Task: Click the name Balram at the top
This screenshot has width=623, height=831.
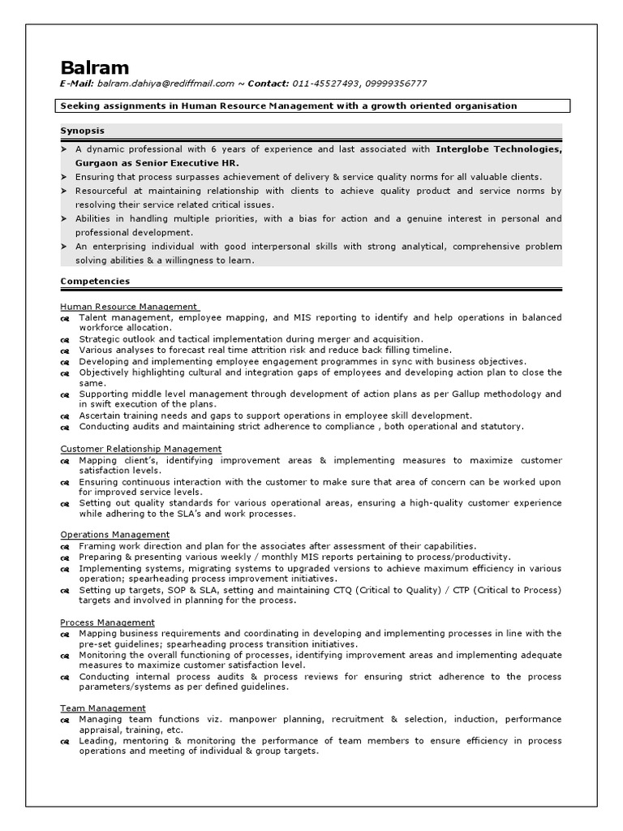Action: [x=94, y=67]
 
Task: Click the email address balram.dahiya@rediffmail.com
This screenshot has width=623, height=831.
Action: [x=165, y=84]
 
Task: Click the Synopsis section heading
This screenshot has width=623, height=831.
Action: [x=82, y=130]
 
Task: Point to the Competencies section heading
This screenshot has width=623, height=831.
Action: [x=95, y=281]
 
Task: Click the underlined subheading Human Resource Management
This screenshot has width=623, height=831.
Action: [x=128, y=307]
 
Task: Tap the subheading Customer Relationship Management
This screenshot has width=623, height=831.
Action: [x=140, y=449]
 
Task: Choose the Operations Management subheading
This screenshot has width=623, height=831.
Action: [x=114, y=535]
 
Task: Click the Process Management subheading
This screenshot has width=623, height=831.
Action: [x=107, y=622]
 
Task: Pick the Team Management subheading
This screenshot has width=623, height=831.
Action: [x=103, y=708]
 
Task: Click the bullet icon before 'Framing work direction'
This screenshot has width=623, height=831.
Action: [x=65, y=547]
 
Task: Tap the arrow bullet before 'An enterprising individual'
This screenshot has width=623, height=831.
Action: [x=64, y=246]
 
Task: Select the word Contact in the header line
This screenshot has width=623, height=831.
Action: [x=268, y=84]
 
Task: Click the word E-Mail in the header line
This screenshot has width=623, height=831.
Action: [x=76, y=84]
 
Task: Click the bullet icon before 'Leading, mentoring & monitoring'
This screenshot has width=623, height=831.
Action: [x=65, y=742]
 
